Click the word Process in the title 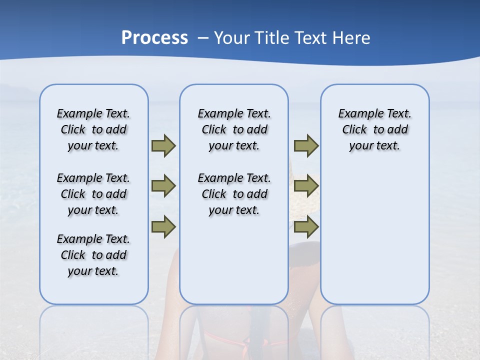tap(154, 38)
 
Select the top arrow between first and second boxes tap(163, 146)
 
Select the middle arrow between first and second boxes tap(163, 186)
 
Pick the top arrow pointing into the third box tap(306, 146)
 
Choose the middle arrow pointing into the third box tap(306, 186)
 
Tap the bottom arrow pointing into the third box tap(306, 227)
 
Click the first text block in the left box tap(93, 129)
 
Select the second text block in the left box tap(93, 194)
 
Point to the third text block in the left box tap(93, 255)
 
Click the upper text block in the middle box tap(234, 129)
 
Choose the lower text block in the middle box tap(234, 194)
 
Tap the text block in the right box tap(374, 129)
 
